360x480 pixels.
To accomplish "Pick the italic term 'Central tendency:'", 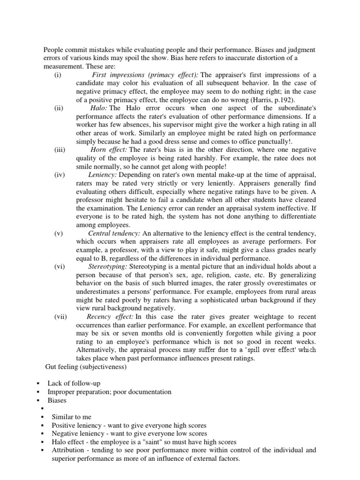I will coord(114,233).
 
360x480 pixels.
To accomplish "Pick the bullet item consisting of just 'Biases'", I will coord(57,400).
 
